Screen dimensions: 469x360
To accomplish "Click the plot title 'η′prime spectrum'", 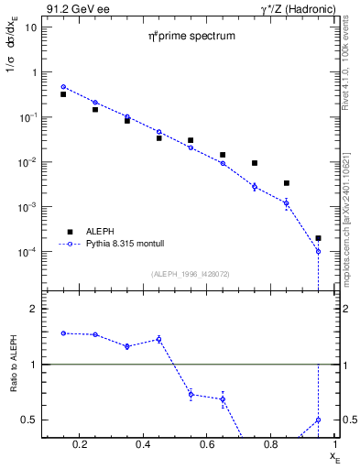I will (x=192, y=37).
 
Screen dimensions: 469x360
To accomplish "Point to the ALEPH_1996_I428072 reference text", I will (x=191, y=273).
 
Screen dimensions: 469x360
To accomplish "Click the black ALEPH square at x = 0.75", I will (x=255, y=163).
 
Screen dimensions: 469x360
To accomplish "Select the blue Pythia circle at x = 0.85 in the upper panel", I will (x=287, y=202).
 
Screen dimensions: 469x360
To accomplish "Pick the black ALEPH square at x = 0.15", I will (x=63, y=94).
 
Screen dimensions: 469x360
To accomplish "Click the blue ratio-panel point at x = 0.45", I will (x=159, y=339).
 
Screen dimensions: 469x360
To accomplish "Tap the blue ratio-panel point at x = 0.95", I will (x=318, y=420).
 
